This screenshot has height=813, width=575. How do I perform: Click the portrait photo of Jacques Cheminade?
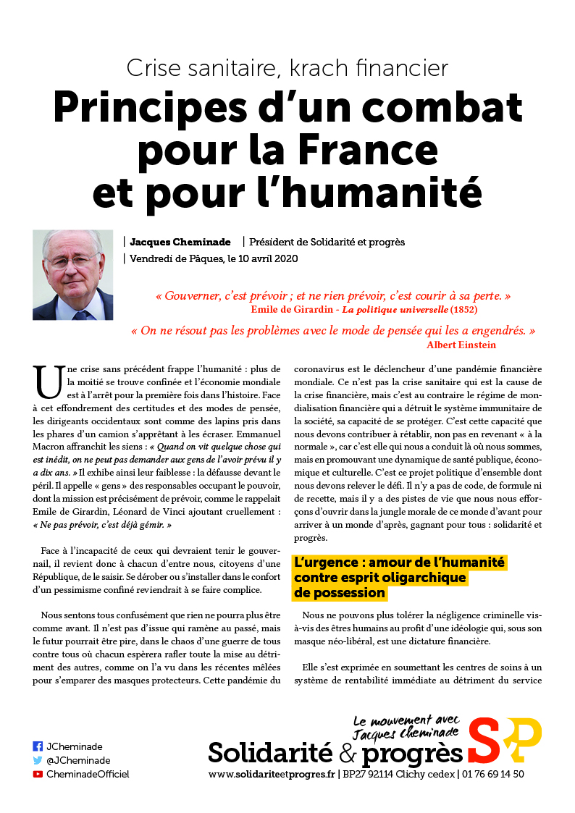[x=72, y=275]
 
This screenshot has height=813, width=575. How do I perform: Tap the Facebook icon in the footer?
[x=38, y=746]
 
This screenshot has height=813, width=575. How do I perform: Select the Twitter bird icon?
[x=38, y=760]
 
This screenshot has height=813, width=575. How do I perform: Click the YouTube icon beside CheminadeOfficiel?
[x=38, y=774]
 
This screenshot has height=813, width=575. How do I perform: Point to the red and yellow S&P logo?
[x=505, y=741]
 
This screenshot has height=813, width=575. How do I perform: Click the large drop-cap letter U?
[x=49, y=382]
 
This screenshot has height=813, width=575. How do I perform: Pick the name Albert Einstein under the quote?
[x=461, y=345]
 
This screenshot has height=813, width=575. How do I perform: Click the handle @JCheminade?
[x=78, y=760]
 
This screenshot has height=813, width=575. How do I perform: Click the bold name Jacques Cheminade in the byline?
[x=180, y=242]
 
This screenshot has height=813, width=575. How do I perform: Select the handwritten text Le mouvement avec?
[x=406, y=721]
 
